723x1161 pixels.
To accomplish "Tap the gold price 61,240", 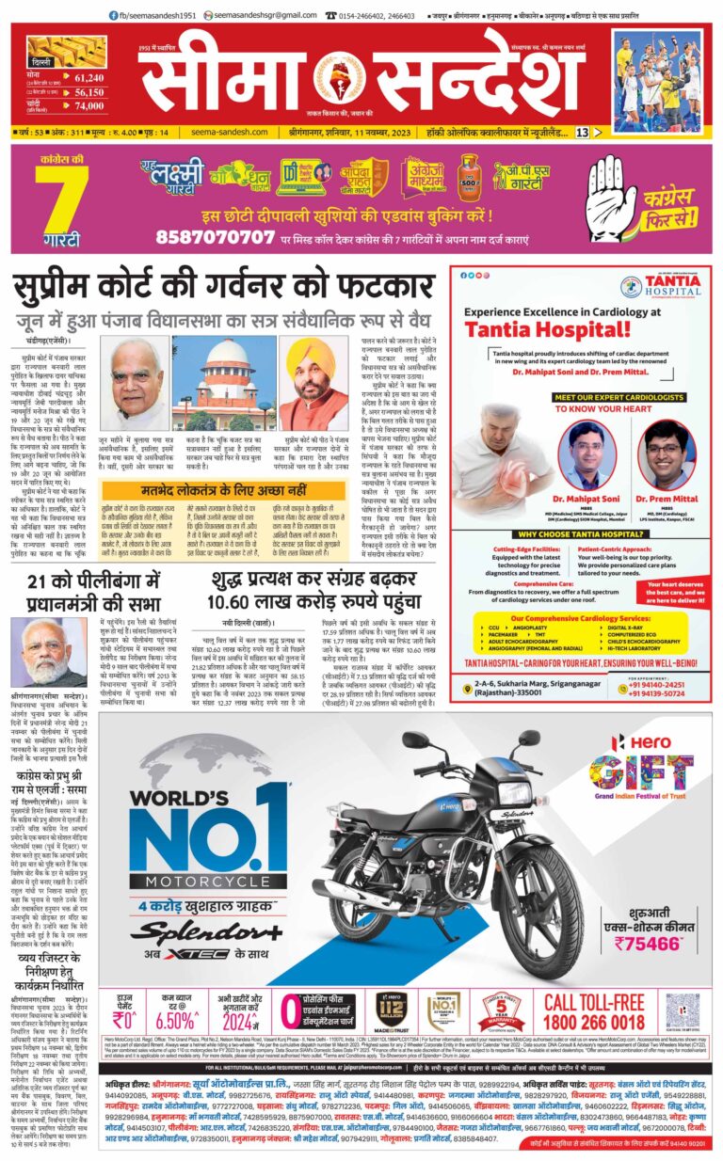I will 88,78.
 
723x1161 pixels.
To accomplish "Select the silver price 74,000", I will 88,106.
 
